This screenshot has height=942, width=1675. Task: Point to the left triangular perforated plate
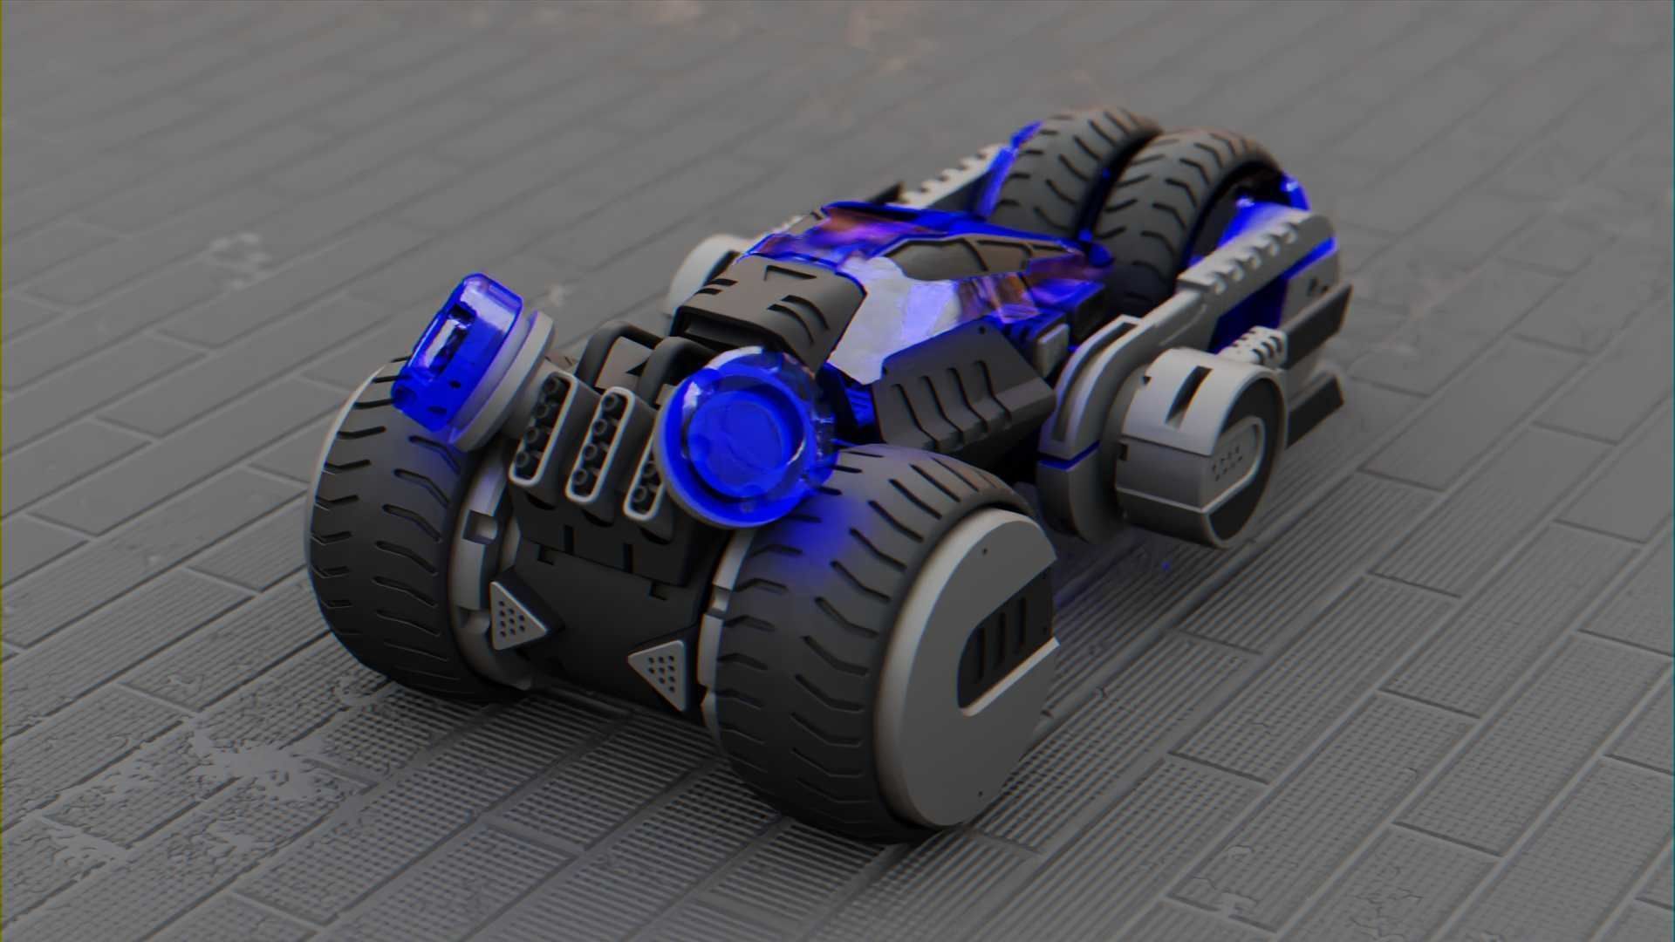pos(515,614)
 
